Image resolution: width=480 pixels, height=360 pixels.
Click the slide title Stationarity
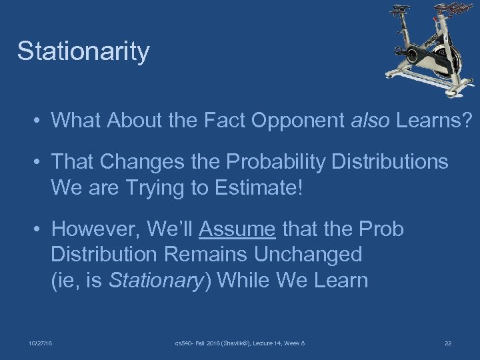(83, 51)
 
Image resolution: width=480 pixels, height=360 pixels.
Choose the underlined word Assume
(237, 229)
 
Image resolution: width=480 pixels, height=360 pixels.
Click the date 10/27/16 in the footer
(41, 343)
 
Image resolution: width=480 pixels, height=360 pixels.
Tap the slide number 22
(448, 343)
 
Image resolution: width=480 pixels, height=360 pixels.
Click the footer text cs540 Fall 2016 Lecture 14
(240, 343)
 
